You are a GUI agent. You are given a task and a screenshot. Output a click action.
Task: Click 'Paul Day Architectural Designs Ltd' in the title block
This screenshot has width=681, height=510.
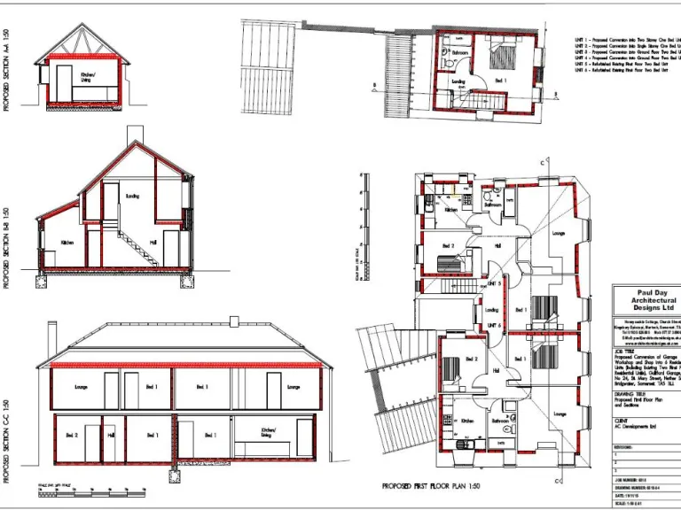[x=645, y=300]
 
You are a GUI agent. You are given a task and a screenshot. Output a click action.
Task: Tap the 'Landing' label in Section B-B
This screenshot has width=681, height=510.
[x=133, y=196]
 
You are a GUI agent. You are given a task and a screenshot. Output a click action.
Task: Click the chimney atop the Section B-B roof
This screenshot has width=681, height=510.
[x=133, y=134]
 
